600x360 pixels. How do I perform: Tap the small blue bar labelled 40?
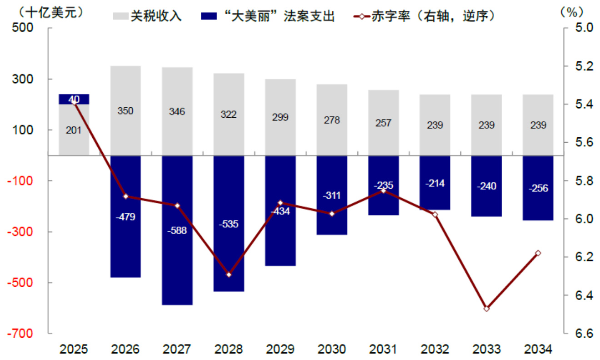click(74, 99)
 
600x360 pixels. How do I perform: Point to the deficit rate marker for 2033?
click(486, 309)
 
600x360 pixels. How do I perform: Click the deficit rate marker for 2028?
click(229, 275)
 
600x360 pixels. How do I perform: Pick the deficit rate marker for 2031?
click(383, 191)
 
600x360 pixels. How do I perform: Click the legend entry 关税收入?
click(147, 16)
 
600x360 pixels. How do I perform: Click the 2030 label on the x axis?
click(331, 350)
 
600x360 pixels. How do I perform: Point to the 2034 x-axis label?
click(538, 350)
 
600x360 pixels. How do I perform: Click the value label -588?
click(177, 230)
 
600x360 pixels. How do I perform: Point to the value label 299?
click(280, 117)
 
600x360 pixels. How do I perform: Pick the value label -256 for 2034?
click(538, 188)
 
